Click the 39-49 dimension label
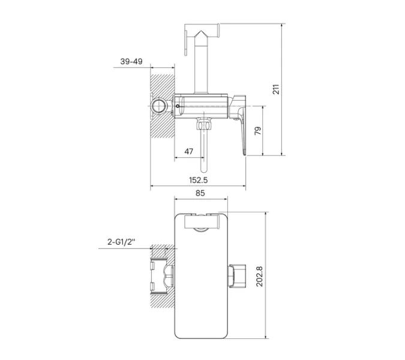[x=131, y=61]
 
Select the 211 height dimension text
[x=276, y=89]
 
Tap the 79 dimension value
[x=258, y=131]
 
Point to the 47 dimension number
[x=189, y=151]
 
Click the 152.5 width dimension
[x=199, y=180]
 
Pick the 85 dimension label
[x=200, y=193]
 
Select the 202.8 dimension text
[x=259, y=277]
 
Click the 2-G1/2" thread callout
[x=121, y=242]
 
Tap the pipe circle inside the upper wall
[x=158, y=106]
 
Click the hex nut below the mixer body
[x=204, y=125]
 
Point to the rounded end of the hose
[x=204, y=170]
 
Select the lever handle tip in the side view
[x=244, y=152]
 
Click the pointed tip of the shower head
[x=201, y=31]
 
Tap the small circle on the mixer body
[x=178, y=106]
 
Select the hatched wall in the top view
[x=162, y=106]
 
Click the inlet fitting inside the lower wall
[x=162, y=276]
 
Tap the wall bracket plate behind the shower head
[x=185, y=43]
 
